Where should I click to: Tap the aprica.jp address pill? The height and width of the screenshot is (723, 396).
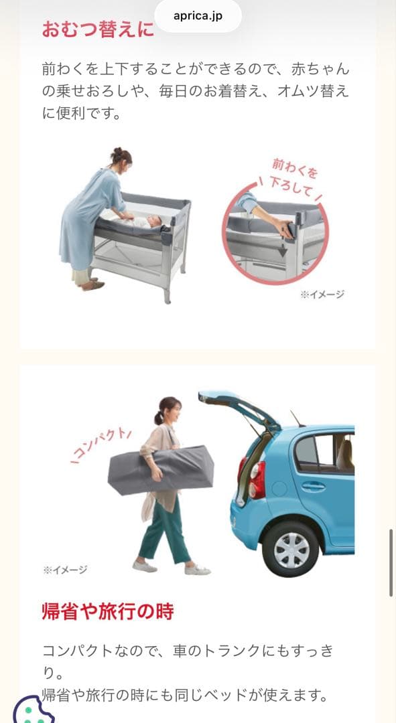198,16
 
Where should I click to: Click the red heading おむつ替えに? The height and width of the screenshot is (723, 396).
98,29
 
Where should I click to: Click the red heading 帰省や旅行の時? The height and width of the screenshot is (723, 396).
108,612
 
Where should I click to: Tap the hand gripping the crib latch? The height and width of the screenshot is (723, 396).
284,228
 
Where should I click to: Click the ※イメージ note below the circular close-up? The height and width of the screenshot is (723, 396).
322,294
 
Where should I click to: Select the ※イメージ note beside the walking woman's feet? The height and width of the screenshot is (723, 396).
65,570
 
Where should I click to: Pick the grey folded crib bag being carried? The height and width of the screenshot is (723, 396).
161,470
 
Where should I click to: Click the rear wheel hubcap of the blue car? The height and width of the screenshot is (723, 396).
291,550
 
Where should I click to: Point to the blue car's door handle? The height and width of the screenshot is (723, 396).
314,485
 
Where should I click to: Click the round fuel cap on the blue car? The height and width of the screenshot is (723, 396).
279,489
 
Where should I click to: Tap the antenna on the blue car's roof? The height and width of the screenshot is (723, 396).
296,418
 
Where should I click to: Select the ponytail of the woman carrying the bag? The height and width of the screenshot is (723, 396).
158,417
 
